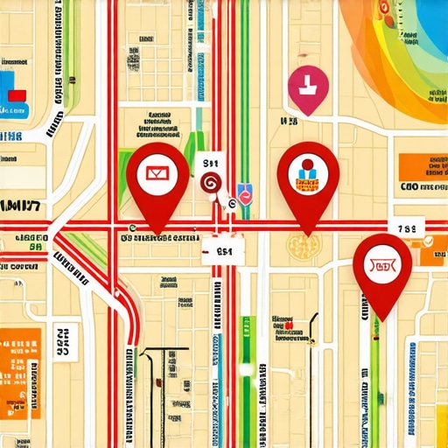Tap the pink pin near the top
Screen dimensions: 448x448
[x=308, y=87]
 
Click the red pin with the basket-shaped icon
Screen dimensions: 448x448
[x=382, y=265]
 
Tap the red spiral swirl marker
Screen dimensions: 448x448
[x=210, y=182]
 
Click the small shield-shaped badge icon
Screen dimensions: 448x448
[x=245, y=194]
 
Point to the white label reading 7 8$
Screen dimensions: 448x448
[x=409, y=228]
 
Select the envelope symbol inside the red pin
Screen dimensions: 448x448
[x=157, y=172]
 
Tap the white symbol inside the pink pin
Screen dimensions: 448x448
[x=308, y=85]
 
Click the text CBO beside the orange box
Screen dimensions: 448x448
[x=408, y=186]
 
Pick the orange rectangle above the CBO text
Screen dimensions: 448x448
[x=423, y=166]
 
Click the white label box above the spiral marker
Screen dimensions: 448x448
[x=213, y=164]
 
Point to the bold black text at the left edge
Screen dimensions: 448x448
[x=21, y=207]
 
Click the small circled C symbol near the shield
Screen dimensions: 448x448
[x=231, y=205]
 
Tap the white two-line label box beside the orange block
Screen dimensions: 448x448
[x=61, y=345]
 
